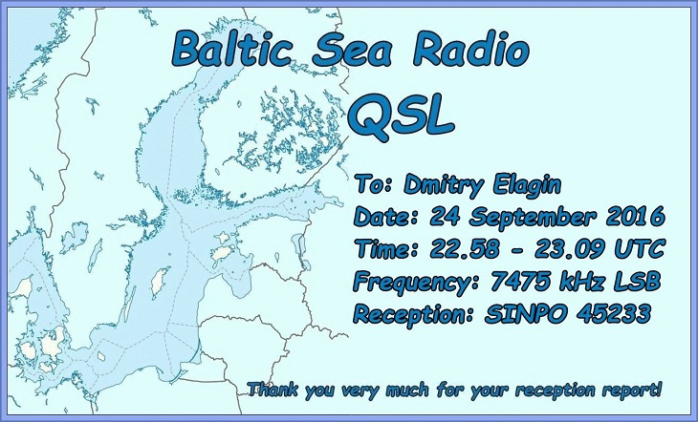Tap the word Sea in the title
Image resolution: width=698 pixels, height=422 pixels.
point(352,49)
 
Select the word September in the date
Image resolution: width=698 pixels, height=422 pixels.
point(532,218)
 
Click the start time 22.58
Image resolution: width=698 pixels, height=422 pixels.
point(465,249)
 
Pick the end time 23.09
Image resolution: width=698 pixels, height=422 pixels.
point(569,249)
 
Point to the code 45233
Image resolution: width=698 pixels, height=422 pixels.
point(614,314)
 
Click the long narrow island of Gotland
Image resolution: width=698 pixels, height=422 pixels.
point(160,283)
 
